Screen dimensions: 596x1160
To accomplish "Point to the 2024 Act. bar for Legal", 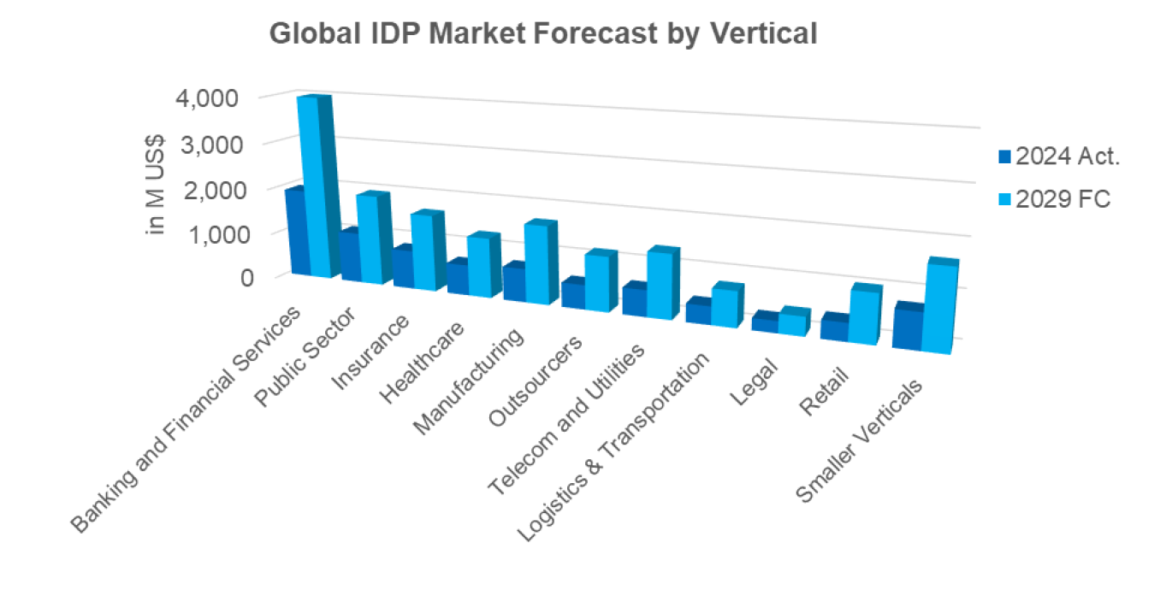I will coord(764,324).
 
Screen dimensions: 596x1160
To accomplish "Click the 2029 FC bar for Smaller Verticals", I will coord(937,308).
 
